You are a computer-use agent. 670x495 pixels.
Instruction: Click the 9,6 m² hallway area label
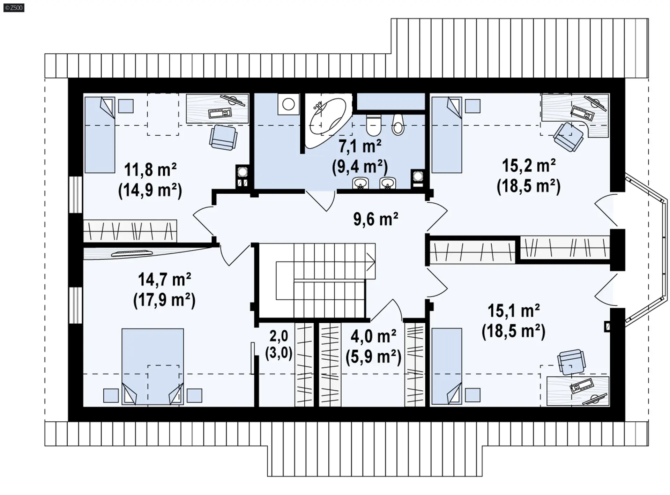point(375,219)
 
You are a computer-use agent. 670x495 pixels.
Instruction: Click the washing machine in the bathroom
point(289,104)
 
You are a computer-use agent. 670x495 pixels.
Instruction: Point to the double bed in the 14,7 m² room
point(152,367)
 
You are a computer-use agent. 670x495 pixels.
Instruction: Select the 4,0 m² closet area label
point(373,337)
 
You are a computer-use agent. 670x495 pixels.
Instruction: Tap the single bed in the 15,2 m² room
point(447,135)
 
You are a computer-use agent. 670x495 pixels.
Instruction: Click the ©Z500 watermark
point(14,7)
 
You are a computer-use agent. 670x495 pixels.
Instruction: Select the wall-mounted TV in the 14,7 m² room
point(132,254)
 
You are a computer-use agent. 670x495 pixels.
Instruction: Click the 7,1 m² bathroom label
point(360,146)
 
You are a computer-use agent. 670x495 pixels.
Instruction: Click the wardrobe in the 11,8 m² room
point(130,231)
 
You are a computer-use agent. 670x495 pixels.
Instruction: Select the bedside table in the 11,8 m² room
point(126,106)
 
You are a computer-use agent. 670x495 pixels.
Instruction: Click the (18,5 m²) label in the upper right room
point(528,186)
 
